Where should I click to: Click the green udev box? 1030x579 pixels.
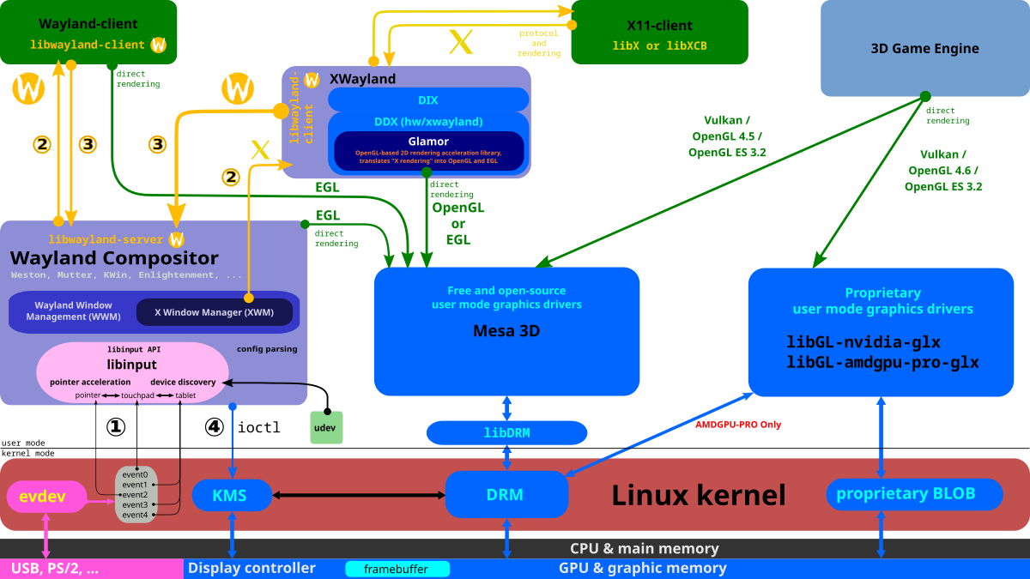coord(326,427)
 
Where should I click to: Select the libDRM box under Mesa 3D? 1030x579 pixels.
coord(506,433)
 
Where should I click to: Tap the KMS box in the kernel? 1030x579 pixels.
coord(231,495)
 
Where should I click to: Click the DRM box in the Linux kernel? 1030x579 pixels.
coord(506,495)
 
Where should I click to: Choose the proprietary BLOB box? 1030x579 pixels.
coord(914,494)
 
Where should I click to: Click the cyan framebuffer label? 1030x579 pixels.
coord(397,569)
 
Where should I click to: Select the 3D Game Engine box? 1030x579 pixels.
coord(924,49)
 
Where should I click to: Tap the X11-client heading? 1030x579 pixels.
coord(659,26)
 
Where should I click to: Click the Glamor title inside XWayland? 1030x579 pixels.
coord(428,142)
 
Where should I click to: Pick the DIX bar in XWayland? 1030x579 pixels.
coord(428,100)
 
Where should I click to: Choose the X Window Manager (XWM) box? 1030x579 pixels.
coord(215,312)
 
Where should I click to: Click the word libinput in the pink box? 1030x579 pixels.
coord(132,365)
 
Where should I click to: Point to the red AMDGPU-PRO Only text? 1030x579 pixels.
coord(738,425)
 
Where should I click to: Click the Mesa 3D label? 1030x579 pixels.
coord(506,331)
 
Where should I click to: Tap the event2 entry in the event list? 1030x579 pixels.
coord(135,495)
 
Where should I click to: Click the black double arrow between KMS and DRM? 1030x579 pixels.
coord(359,495)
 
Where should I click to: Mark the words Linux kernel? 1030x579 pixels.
coord(698,495)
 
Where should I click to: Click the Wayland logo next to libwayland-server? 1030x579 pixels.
coord(178,239)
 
